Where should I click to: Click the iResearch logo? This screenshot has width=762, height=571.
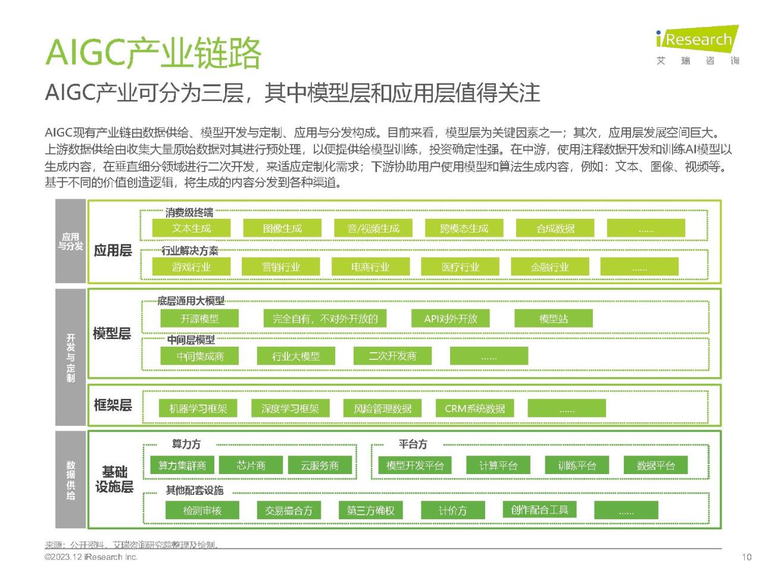(698, 45)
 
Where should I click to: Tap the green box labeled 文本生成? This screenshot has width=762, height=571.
(191, 228)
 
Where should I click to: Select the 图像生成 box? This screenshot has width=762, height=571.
(282, 228)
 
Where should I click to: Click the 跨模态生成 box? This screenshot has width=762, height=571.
(464, 228)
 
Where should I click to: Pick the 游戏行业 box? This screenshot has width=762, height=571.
(191, 266)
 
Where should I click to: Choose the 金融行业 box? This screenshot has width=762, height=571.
(550, 266)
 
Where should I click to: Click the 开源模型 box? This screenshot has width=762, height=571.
(199, 318)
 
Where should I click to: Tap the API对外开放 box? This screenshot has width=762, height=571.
(451, 318)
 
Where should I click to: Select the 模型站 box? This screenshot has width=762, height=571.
(554, 318)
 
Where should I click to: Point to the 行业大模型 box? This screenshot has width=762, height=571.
(296, 356)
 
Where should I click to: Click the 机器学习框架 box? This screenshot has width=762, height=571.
(198, 408)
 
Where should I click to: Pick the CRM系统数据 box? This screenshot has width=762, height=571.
(475, 408)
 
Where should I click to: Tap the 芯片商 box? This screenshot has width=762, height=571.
(251, 465)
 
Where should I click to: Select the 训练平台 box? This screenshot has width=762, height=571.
(577, 465)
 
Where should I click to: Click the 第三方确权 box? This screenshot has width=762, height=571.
(371, 510)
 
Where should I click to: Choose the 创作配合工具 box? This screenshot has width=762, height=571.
(540, 509)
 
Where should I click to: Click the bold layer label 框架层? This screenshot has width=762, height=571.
(113, 404)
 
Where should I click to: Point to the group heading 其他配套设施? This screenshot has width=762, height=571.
(195, 490)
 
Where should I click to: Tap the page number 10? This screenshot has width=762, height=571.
(747, 557)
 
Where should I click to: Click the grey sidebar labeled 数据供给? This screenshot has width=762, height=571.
(70, 479)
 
